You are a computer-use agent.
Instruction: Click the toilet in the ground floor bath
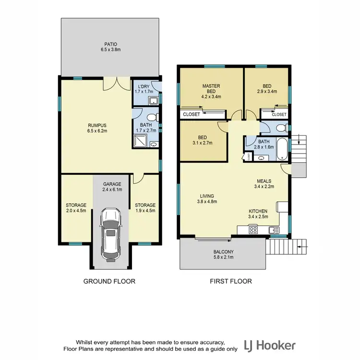[x=151, y=118]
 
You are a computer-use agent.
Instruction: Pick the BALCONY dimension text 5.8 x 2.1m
[x=223, y=258]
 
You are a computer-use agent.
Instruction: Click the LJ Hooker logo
[x=269, y=345]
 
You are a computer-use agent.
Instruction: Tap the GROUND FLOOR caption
[x=109, y=281]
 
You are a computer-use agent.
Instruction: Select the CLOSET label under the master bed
[x=192, y=114]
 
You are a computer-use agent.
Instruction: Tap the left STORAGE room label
[x=76, y=205]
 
